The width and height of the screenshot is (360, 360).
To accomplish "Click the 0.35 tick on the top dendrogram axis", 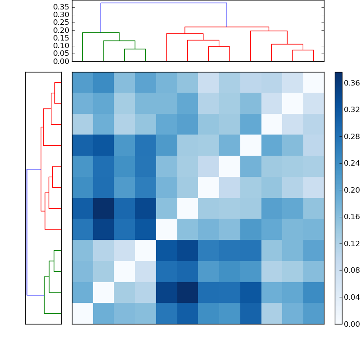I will click(61, 7).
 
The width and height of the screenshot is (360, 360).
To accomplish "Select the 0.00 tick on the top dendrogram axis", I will click(61, 61).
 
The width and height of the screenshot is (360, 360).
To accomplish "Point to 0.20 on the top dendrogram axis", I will click(61, 30).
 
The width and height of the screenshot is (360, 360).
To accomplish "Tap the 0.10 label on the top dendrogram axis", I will click(61, 46).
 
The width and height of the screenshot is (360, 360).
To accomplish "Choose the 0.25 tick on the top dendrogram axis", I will click(61, 22).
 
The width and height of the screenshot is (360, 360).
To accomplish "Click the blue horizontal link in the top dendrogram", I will click(164, 3).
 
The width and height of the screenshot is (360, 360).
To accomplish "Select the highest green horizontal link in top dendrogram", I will click(101, 32).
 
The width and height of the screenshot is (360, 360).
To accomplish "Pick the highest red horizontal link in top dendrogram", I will click(227, 27).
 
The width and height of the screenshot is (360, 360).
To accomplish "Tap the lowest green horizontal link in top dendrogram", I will click(135, 49).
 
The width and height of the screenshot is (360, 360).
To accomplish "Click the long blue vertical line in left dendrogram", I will click(27, 232).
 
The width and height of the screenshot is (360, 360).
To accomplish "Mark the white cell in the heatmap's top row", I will click(313, 82).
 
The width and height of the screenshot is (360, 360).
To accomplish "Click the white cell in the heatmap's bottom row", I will click(82, 313).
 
